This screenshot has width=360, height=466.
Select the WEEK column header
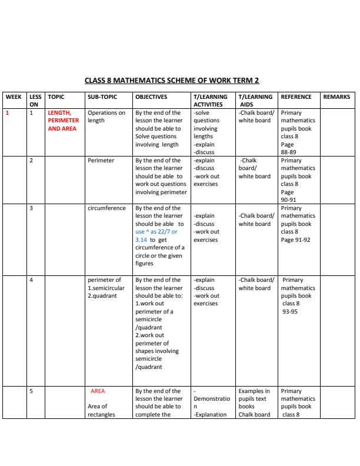pyautogui.click(x=14, y=97)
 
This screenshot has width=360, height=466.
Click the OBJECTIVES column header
pyautogui.click(x=151, y=97)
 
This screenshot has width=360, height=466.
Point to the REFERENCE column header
pyautogui.click(x=296, y=97)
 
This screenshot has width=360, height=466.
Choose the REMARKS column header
pyautogui.click(x=336, y=97)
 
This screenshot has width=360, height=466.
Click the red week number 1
pyautogui.click(x=8, y=112)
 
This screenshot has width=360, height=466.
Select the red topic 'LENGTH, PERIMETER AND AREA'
pyautogui.click(x=63, y=121)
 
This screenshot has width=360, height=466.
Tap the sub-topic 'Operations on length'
pyautogui.click(x=106, y=116)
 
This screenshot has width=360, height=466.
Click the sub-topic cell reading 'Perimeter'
pyautogui.click(x=101, y=160)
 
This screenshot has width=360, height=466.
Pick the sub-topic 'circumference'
pyautogui.click(x=106, y=208)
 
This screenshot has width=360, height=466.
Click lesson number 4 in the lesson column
pyautogui.click(x=31, y=280)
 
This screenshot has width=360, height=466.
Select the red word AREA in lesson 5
pyautogui.click(x=98, y=391)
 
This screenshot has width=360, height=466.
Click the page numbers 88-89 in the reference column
pyautogui.click(x=288, y=152)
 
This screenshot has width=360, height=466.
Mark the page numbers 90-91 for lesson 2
pyautogui.click(x=288, y=200)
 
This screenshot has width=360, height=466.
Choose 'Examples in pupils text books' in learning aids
pyautogui.click(x=254, y=398)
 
